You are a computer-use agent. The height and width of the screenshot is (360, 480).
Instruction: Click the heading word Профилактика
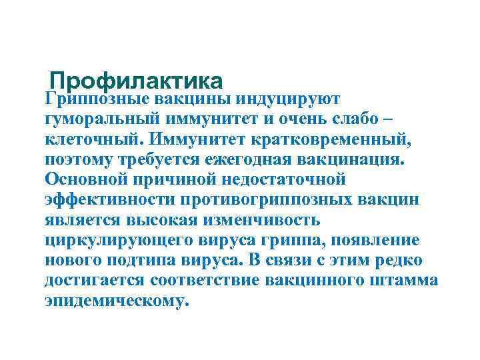point(136,81)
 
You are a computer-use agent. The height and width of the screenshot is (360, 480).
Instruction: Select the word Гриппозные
point(97,99)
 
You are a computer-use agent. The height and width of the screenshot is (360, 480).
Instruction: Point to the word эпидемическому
point(117,300)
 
